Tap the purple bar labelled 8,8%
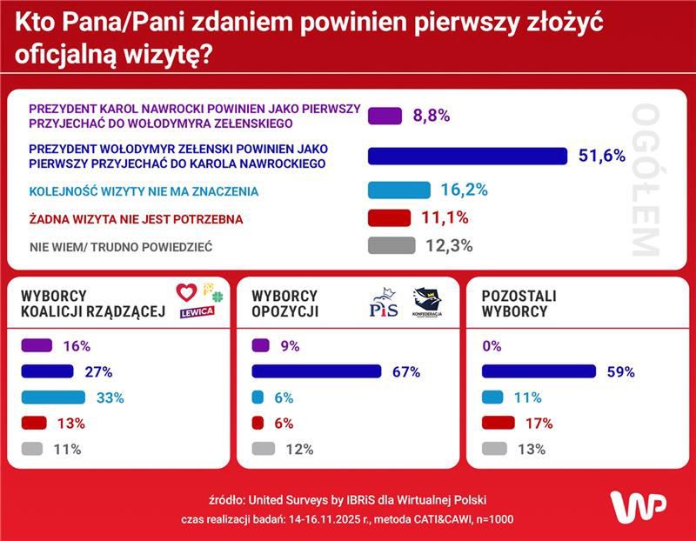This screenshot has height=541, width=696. pos(385,115)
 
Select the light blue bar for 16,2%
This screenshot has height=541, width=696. pos(399,190)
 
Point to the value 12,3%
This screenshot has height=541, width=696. pos(449,245)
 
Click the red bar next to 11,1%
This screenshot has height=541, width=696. pos(388,217)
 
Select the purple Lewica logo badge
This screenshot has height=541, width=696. pos(197,312)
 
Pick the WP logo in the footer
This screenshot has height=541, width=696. pos(638,506)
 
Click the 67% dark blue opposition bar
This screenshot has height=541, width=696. pos(317,371)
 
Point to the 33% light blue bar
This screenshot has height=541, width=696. pos(53,397)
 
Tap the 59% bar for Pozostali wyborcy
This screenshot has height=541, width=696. pos(539,371)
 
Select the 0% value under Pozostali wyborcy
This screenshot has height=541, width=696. pos(492,345)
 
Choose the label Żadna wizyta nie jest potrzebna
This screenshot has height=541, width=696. pos(136,218)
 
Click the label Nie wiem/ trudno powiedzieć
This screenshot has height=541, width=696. pos(121,246)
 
